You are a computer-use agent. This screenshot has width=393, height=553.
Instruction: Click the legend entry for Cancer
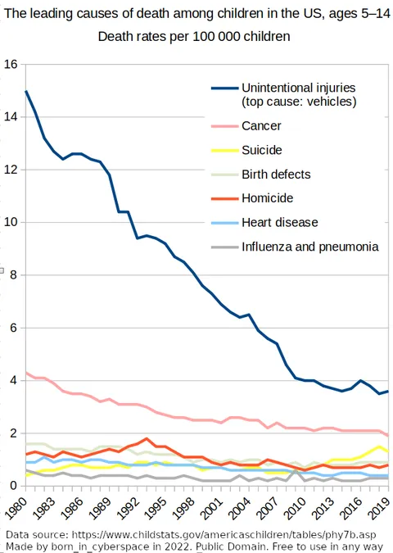(x=261, y=125)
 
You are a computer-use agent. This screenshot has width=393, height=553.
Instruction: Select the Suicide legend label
(x=261, y=150)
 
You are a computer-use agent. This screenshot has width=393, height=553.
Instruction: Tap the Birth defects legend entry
(x=276, y=174)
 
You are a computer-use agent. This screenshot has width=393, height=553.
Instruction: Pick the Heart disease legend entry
(x=279, y=222)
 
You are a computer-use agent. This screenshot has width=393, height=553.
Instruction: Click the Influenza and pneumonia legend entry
(x=309, y=246)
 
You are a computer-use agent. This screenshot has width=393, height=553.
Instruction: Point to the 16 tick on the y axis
(x=11, y=65)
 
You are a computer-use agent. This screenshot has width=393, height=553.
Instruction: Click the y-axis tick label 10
(x=11, y=222)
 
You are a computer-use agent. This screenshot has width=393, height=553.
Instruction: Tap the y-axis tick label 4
(x=14, y=380)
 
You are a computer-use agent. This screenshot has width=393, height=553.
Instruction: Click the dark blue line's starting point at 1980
(x=26, y=91)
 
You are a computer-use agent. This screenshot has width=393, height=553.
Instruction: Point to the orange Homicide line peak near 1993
(x=146, y=438)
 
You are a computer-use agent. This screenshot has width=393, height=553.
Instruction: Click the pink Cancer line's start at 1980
(x=26, y=373)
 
